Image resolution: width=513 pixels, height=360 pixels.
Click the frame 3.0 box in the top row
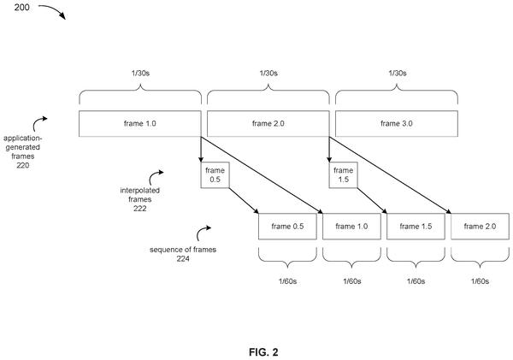(397, 123)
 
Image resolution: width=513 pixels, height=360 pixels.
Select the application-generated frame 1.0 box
(140, 123)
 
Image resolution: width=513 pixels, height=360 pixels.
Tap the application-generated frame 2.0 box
(268, 123)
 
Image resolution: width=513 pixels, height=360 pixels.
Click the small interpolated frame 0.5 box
(215, 174)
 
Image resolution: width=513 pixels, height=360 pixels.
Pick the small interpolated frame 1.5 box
(343, 174)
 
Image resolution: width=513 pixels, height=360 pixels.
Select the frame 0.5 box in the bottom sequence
(287, 227)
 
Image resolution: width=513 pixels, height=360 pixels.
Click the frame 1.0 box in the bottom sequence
(351, 227)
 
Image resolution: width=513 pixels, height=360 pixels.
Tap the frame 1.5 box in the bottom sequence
(416, 227)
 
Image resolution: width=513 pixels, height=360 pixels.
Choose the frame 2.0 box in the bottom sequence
(480, 227)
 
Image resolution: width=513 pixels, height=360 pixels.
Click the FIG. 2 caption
(263, 352)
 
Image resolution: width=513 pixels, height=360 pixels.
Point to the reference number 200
(21, 7)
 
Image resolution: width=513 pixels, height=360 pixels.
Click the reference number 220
(23, 165)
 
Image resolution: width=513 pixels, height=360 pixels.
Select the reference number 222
(139, 209)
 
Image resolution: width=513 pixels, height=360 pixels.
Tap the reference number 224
(183, 258)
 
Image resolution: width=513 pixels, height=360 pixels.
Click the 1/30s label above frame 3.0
(398, 73)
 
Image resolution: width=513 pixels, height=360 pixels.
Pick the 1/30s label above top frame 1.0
(141, 73)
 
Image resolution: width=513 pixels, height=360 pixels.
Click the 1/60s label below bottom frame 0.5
(288, 281)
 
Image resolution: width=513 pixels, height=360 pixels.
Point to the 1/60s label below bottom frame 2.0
(480, 281)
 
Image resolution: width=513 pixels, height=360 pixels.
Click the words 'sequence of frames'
(183, 250)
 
